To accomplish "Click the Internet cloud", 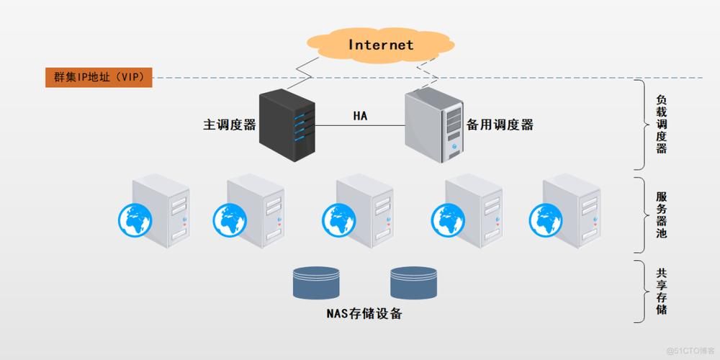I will coord(381,45).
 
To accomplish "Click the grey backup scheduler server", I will coord(434,124).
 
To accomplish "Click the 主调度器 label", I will coord(230,125).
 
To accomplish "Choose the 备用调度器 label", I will coord(500,125).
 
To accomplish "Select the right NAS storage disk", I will coord(414,283).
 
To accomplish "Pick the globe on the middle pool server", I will coord(338,219).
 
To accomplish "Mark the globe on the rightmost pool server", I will coord(546,219).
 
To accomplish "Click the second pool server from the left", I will coord(256,209).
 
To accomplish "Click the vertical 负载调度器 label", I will coord(661,125).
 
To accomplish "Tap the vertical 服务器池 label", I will coord(661,215).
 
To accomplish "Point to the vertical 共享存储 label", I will coord(661,292).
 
